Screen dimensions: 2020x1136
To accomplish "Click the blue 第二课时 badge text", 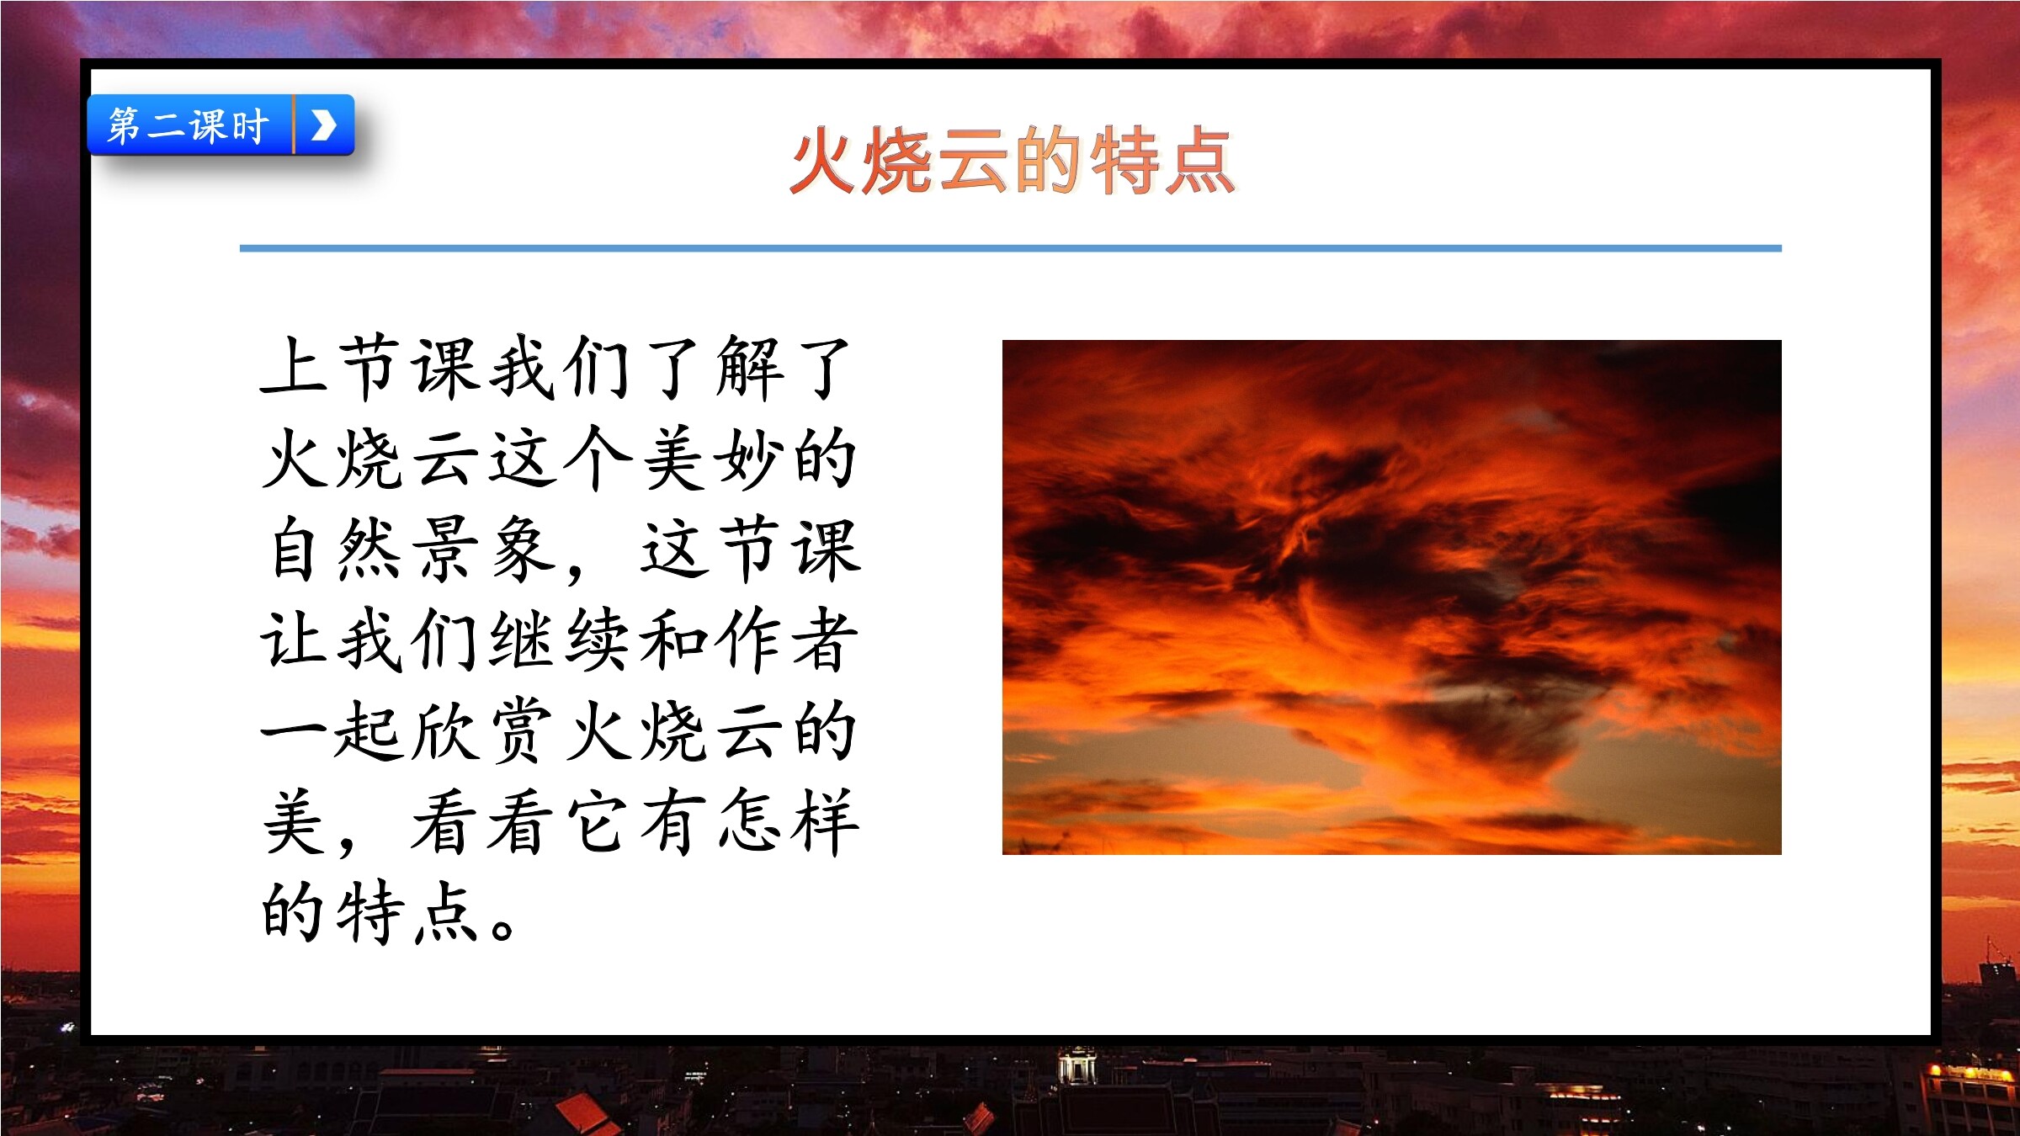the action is click(189, 126).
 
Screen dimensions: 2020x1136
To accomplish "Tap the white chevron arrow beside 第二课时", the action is click(324, 125).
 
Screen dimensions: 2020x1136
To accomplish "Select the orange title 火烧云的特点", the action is click(1012, 161).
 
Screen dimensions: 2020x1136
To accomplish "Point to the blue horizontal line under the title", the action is click(1010, 248).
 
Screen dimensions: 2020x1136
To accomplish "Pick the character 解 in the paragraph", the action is click(750, 367).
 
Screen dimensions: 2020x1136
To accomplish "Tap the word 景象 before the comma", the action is click(486, 549).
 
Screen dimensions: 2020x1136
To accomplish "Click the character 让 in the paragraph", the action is click(294, 640).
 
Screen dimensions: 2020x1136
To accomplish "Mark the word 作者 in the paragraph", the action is click(787, 640).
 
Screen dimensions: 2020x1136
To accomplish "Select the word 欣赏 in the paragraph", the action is click(483, 730).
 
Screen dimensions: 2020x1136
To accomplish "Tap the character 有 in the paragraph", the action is click(674, 821).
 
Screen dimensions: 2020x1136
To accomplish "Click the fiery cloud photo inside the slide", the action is click(1392, 597).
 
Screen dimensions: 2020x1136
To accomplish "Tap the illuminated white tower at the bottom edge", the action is click(1077, 1065).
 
